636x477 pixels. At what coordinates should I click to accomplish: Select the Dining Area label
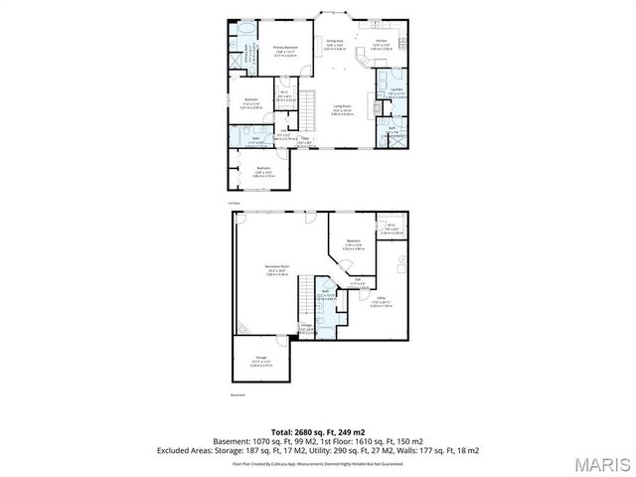point(334,43)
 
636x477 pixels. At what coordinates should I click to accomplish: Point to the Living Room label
point(344,110)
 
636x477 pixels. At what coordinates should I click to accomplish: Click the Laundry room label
point(396,91)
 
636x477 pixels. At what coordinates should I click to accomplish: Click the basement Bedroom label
point(353,241)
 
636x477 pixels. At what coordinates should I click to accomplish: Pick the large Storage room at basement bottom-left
point(259,360)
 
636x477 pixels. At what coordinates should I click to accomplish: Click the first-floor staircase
point(308,103)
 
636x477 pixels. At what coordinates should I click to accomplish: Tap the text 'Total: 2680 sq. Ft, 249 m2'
point(318,431)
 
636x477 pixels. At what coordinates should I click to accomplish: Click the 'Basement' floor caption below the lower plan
point(237,394)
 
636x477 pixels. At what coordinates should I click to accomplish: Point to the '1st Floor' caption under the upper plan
point(235,203)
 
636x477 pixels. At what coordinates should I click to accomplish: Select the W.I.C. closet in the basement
point(392,229)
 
